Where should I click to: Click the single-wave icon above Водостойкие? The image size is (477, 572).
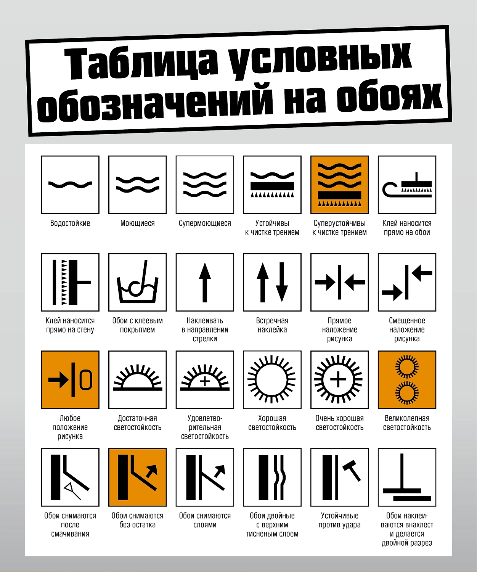click(70, 185)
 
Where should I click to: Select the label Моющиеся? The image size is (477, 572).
click(137, 223)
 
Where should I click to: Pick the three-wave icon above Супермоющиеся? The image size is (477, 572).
click(205, 185)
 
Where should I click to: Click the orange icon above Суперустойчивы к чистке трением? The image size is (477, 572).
click(339, 185)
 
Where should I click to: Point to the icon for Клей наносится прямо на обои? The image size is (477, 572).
click(407, 185)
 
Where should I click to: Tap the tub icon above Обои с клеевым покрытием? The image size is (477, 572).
click(138, 282)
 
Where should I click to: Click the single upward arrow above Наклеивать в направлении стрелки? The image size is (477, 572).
click(205, 282)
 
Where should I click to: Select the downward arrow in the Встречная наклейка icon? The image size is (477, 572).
click(282, 282)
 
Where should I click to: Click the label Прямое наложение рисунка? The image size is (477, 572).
click(339, 329)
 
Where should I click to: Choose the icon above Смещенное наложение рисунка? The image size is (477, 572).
click(407, 282)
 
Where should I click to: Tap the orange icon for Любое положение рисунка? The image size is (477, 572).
click(70, 380)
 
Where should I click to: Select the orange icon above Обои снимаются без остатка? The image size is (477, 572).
click(138, 477)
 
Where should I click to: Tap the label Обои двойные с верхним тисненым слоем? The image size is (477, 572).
click(272, 525)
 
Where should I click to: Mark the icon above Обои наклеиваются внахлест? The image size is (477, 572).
click(407, 477)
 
